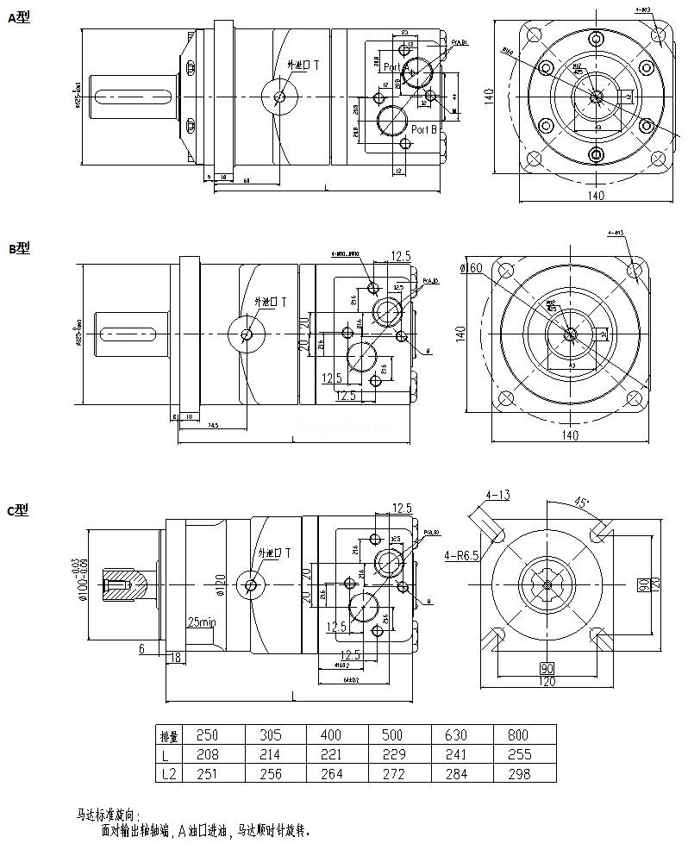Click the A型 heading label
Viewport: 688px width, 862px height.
(x=18, y=16)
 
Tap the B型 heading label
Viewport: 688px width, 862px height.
(x=18, y=248)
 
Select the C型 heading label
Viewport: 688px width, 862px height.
(x=18, y=510)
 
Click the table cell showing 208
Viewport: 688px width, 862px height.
(x=208, y=754)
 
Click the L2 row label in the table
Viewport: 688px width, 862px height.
(x=169, y=774)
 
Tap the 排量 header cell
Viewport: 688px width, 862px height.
(x=170, y=736)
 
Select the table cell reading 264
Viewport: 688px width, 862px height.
(x=331, y=774)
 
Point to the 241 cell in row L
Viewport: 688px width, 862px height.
(x=455, y=754)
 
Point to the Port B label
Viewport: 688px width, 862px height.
(x=424, y=129)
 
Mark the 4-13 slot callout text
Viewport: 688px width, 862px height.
(x=497, y=495)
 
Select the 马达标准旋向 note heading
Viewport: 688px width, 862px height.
(x=108, y=814)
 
